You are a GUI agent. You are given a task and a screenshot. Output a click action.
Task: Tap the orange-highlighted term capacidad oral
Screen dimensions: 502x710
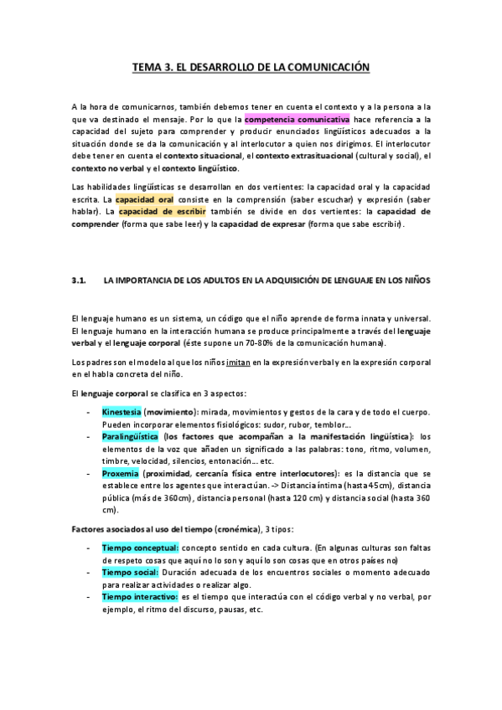tap(144, 201)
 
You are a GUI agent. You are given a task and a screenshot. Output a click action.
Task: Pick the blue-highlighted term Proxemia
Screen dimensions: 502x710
tap(121, 472)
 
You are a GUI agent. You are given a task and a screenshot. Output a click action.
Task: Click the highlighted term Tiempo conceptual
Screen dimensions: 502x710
tap(139, 548)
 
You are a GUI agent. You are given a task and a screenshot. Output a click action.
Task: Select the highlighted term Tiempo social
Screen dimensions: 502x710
tap(128, 571)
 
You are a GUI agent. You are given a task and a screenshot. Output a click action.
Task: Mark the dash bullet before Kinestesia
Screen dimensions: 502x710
tap(88, 414)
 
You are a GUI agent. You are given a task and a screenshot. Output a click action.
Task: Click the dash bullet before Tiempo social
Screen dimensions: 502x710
tap(88, 571)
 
